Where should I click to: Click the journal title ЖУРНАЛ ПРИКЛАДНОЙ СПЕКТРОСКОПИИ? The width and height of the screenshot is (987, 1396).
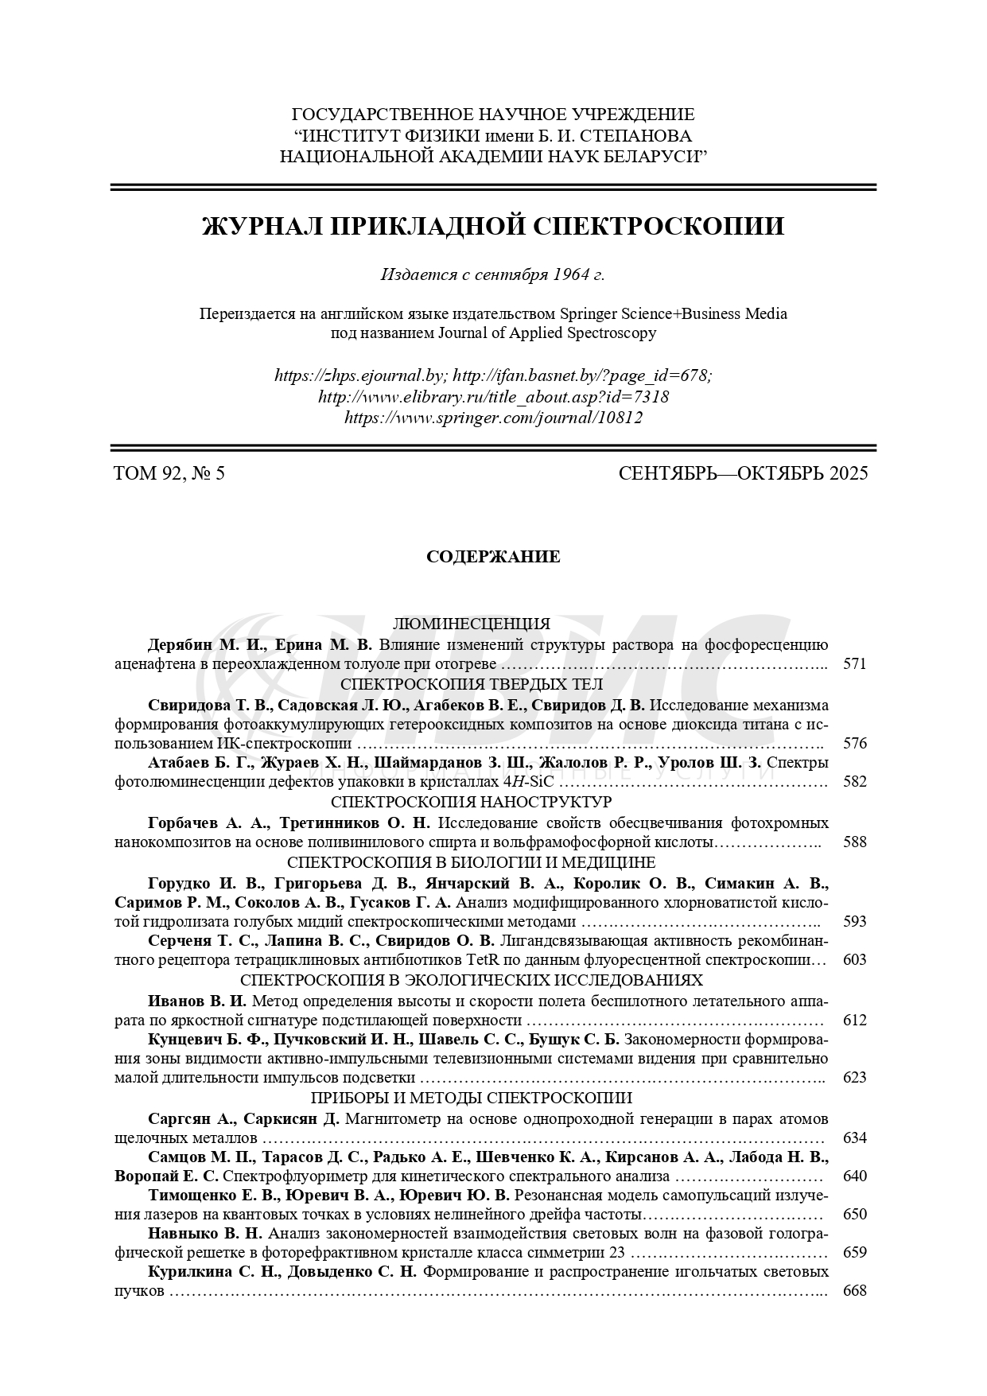[x=493, y=227]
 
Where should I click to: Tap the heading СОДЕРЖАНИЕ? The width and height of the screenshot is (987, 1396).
[x=493, y=557]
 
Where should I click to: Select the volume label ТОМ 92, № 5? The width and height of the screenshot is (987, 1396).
[x=170, y=474]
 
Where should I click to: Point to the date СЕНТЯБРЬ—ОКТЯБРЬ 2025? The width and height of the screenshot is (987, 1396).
[x=743, y=474]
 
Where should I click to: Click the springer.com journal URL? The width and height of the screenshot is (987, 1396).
[x=493, y=417]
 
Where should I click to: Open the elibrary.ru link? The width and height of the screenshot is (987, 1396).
[x=493, y=396]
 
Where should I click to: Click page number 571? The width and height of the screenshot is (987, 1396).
[x=854, y=664]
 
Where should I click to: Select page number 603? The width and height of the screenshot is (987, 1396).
[x=854, y=960]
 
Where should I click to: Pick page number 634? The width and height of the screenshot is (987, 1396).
[x=854, y=1137]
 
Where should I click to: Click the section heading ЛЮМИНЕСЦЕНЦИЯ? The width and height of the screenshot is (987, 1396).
[x=472, y=624]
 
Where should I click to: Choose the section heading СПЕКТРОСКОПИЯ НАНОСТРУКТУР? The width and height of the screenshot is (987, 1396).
[x=472, y=801]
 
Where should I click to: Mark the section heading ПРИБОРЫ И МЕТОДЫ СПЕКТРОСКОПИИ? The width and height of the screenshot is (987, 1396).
[x=472, y=1098]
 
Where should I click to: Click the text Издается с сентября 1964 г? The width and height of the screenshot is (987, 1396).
[x=493, y=275]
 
